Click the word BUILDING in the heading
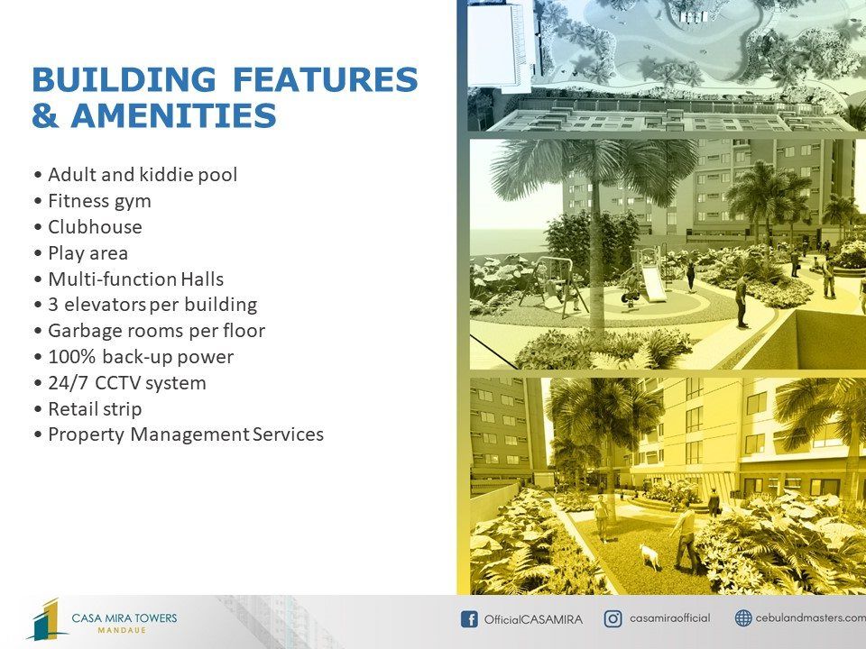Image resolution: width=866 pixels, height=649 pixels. tap(124, 79)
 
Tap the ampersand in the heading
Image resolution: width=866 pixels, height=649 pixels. tap(46, 115)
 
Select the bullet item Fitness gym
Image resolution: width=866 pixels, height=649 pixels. tap(99, 201)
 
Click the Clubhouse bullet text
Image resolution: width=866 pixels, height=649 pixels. tap(95, 227)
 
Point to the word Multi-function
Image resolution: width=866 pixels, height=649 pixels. tap(113, 279)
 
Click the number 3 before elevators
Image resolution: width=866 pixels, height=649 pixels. tap(53, 306)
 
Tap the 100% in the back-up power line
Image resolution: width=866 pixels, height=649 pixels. tap(71, 357)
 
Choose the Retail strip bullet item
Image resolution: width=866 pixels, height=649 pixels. tap(95, 409)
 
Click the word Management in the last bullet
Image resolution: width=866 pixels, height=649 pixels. tap(190, 434)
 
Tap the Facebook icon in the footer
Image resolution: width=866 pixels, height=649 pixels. tap(469, 619)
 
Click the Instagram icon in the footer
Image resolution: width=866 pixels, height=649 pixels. tap(613, 618)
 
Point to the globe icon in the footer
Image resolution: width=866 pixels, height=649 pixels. tap(743, 618)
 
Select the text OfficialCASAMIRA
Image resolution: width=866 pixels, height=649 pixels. tap(533, 619)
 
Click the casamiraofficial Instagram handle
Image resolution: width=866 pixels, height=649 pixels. tap(670, 618)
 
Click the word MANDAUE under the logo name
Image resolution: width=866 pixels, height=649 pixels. tap(122, 630)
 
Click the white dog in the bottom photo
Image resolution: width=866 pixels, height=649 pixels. tap(650, 556)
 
